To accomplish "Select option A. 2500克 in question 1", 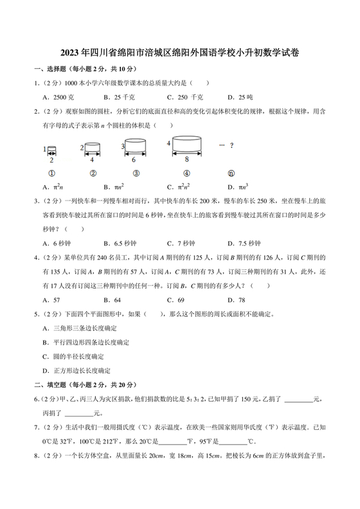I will (x=59, y=97).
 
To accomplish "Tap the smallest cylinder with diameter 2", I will (x=51, y=150).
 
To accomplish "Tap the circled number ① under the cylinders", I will (x=50, y=173).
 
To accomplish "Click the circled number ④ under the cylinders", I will (x=186, y=173).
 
